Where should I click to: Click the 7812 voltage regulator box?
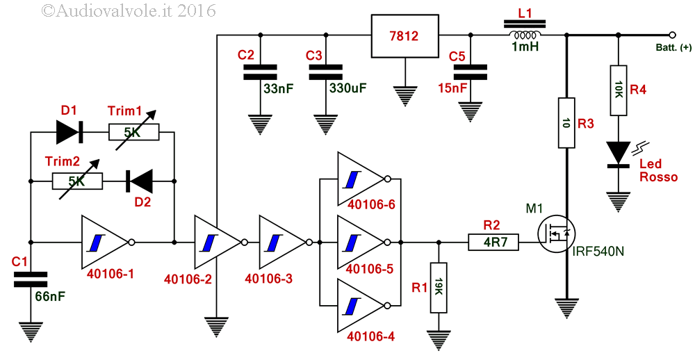[x=404, y=35]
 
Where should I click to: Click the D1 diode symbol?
[x=70, y=132]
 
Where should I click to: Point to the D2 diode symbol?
[x=139, y=181]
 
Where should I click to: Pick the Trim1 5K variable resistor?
[x=133, y=132]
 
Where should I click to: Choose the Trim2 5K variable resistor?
[x=77, y=181]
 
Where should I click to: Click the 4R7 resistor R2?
[x=493, y=243]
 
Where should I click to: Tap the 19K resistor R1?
[x=439, y=287]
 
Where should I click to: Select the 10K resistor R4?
[x=619, y=90]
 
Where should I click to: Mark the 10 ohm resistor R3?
[x=566, y=123]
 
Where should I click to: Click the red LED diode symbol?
[x=619, y=154]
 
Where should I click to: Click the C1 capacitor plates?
[x=31, y=280]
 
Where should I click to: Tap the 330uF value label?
[x=348, y=88]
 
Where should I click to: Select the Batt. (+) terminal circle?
[x=672, y=35]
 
